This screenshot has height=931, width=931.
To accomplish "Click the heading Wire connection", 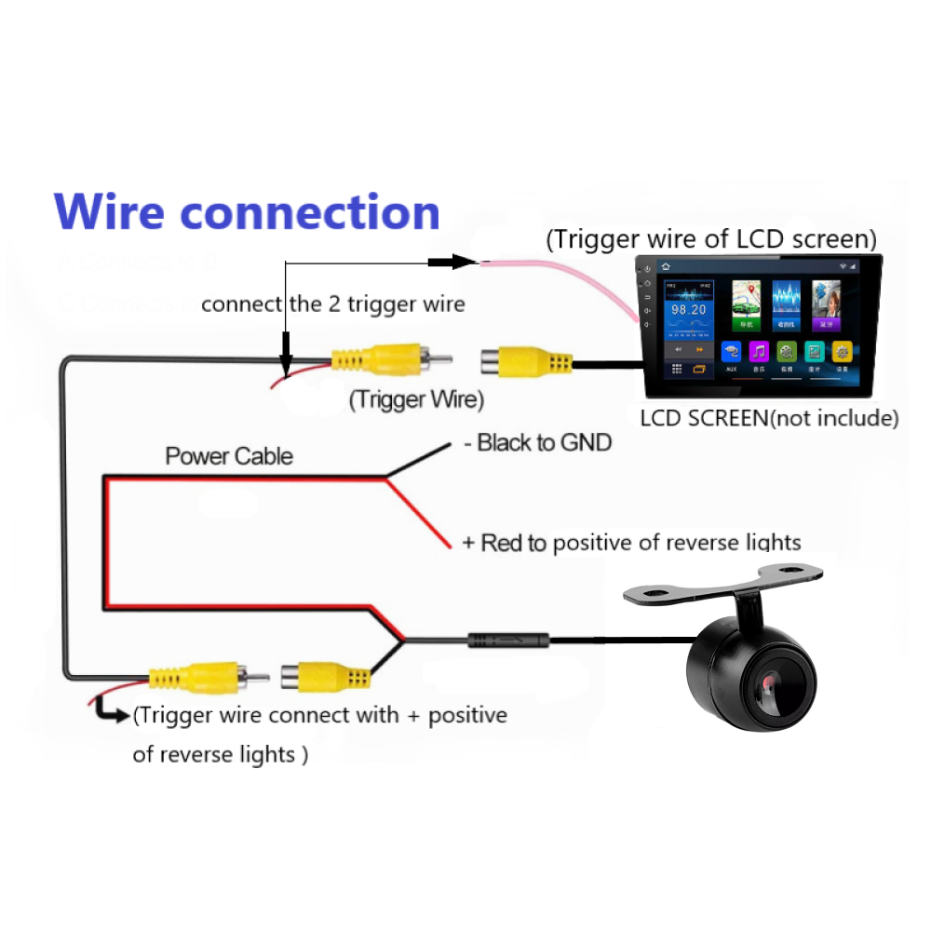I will (247, 212).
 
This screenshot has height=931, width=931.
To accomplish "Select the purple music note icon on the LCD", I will (760, 352).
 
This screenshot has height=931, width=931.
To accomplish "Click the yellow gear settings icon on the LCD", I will (843, 352).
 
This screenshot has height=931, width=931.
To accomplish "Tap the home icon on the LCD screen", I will (667, 267).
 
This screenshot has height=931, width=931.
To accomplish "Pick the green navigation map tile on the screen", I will (744, 304).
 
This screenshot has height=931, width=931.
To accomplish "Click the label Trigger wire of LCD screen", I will (711, 239).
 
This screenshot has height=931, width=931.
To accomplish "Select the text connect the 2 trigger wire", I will (332, 304).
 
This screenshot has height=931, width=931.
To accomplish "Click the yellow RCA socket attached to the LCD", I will (521, 361).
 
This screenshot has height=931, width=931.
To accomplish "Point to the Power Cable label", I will (229, 456).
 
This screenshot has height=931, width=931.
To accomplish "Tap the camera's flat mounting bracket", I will (723, 587).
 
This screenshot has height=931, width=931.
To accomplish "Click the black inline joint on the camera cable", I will (508, 641).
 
